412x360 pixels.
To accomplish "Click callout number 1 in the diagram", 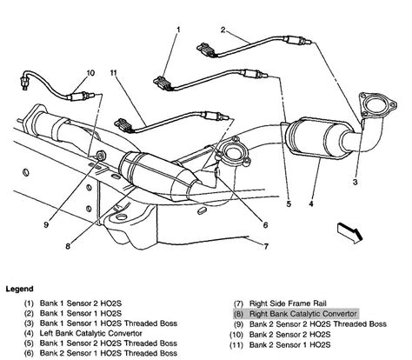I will pyautogui.click(x=178, y=30).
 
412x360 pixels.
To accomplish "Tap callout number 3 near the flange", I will pyautogui.click(x=354, y=183).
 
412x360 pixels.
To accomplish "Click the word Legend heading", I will pyautogui.click(x=21, y=288).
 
